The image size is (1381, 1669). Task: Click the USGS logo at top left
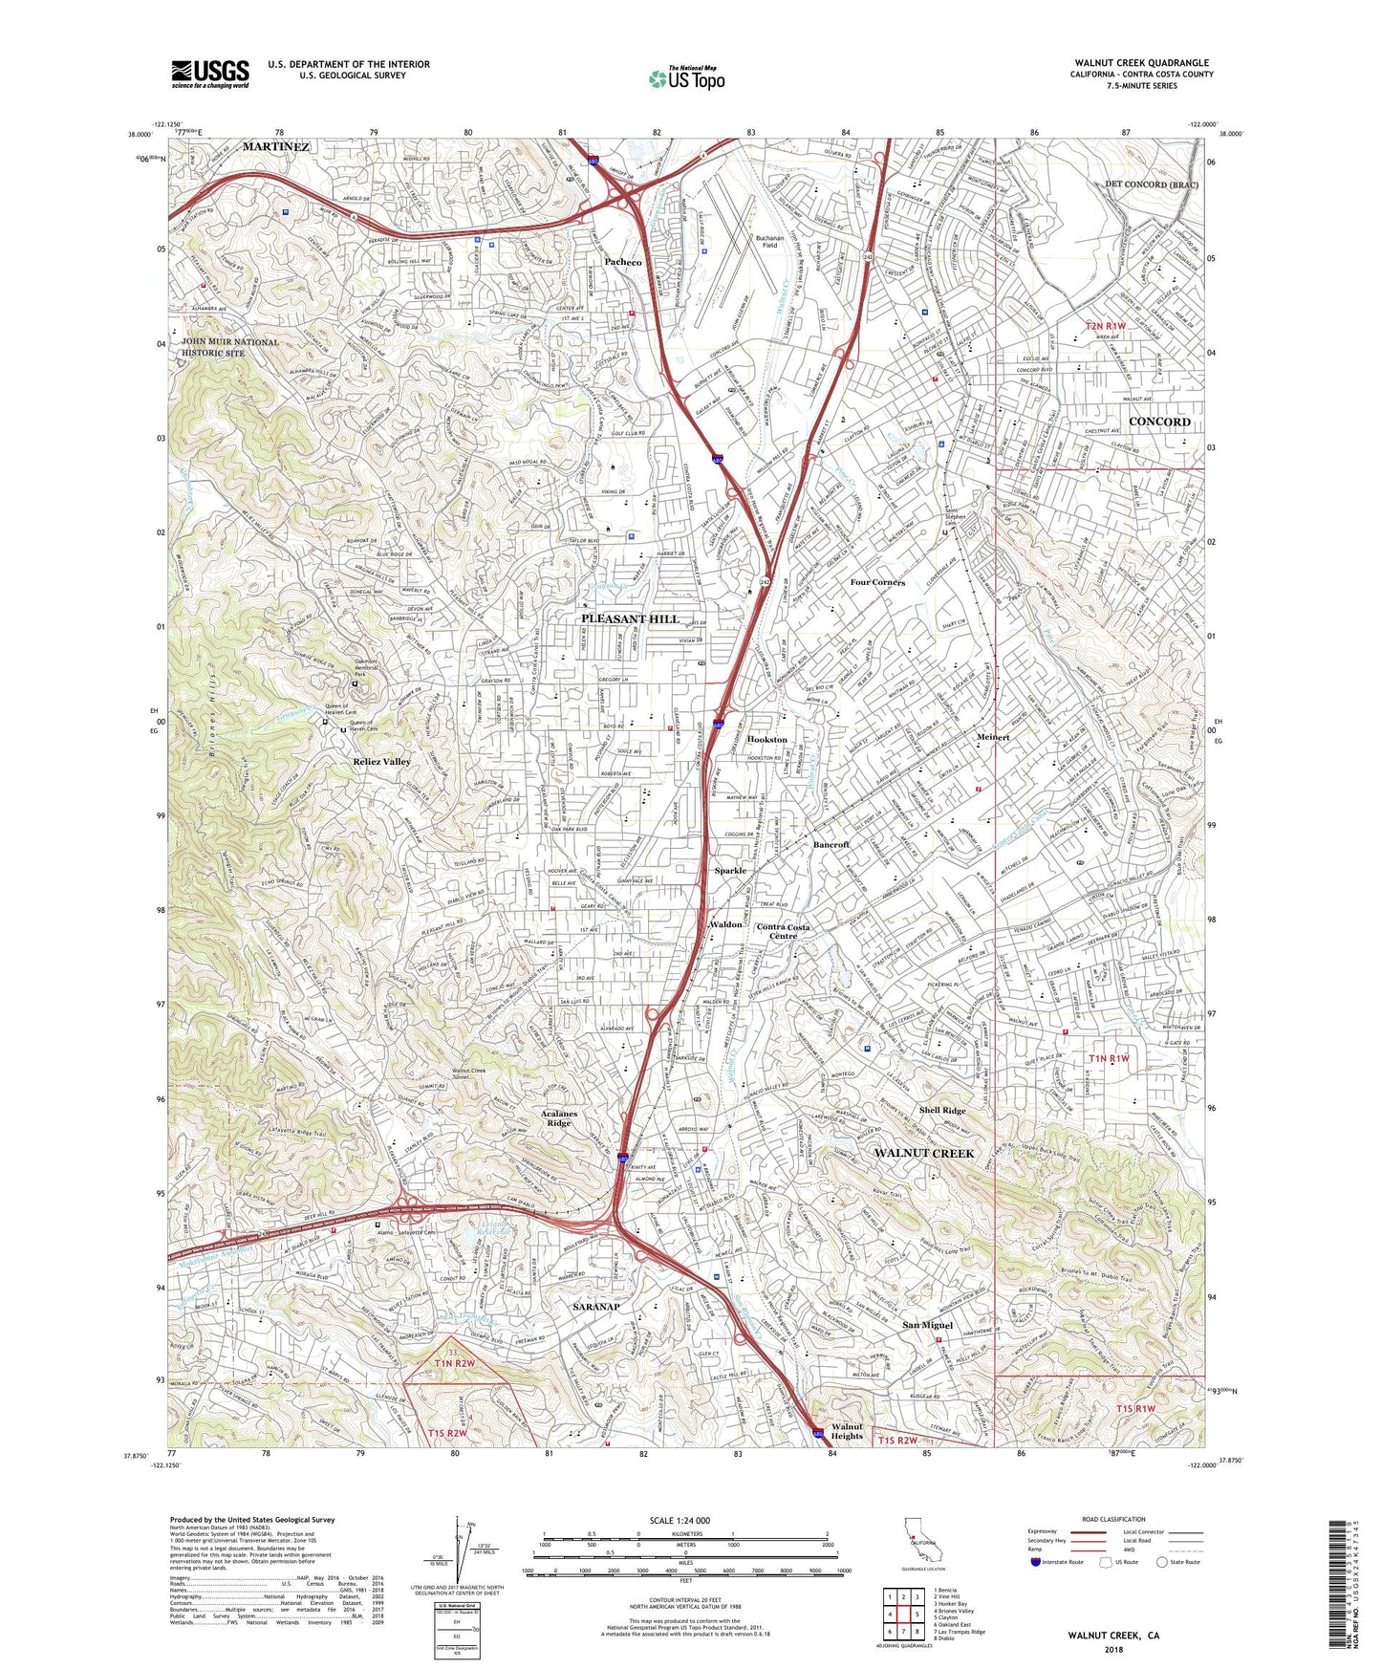tap(210, 74)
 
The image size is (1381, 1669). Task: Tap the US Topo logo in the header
tap(686, 78)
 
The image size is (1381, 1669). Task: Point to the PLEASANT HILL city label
tap(631, 618)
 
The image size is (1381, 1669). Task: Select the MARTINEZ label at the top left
tap(275, 147)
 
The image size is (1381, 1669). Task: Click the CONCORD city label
tap(1159, 422)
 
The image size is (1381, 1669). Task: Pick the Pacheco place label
tap(623, 262)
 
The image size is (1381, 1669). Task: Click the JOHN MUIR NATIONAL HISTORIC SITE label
tap(230, 347)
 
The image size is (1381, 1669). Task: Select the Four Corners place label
tap(877, 582)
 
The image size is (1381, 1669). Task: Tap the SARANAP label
tap(596, 1307)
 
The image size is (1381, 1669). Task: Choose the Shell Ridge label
tap(942, 1111)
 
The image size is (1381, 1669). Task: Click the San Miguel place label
tap(927, 1325)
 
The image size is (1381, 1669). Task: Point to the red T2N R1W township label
tap(1106, 327)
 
